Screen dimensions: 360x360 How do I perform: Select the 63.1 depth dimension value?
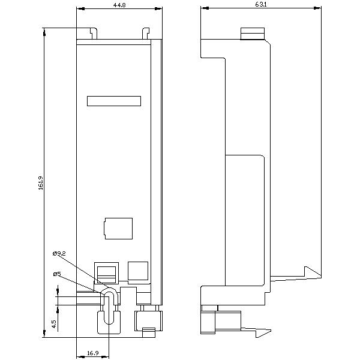(260, 5)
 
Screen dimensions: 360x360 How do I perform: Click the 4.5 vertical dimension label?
(53, 324)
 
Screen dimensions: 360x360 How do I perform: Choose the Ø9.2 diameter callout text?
(59, 254)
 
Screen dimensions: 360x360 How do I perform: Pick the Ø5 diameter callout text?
(56, 274)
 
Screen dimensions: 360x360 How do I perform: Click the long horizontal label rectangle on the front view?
(114, 101)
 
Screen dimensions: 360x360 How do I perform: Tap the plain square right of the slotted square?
(138, 271)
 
